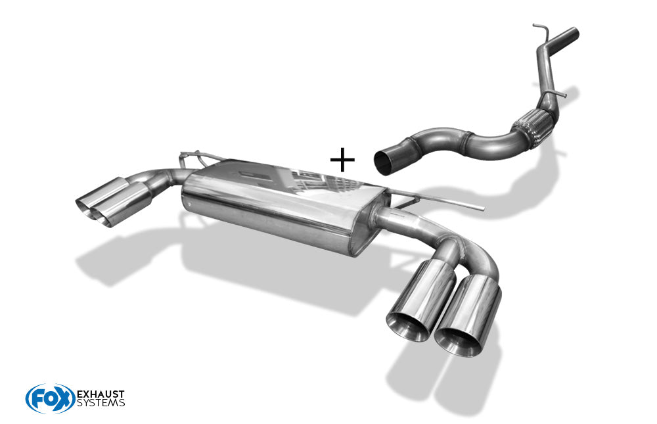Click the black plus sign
(342, 159)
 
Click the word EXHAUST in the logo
(101, 394)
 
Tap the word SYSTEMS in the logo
(101, 403)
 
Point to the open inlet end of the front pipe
(384, 163)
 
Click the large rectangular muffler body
(281, 206)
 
